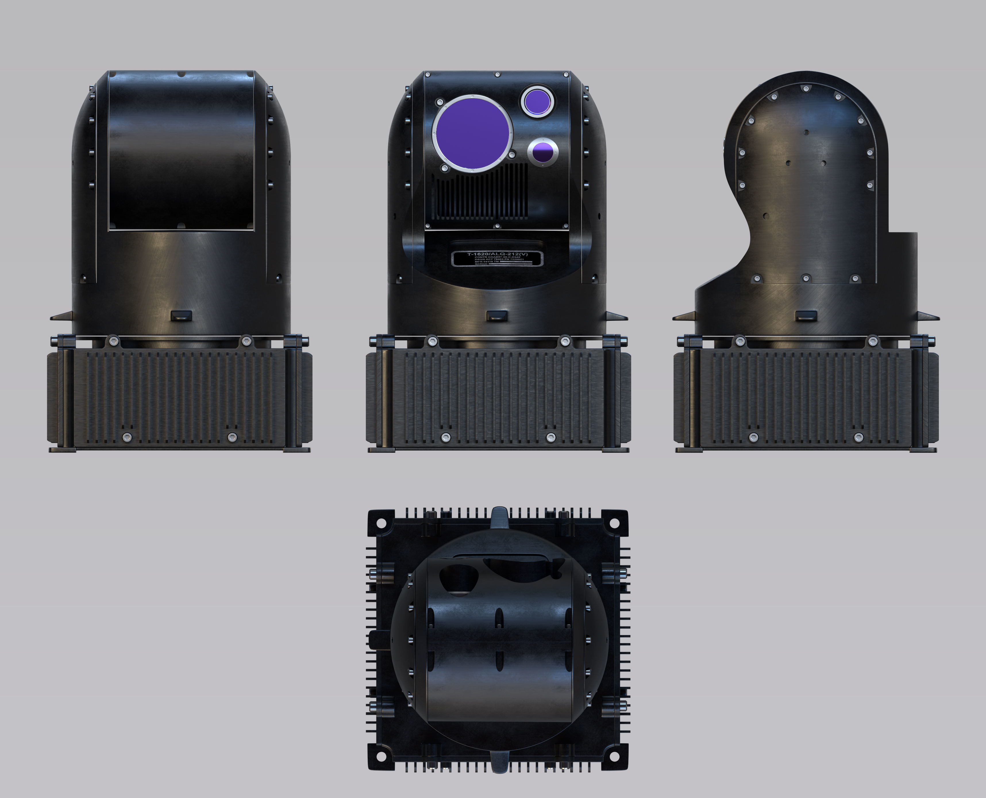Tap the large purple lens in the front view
pyautogui.click(x=472, y=134)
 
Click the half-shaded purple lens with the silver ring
pyautogui.click(x=543, y=152)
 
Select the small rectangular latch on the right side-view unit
pyautogui.click(x=806, y=316)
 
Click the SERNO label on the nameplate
pyautogui.click(x=481, y=264)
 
